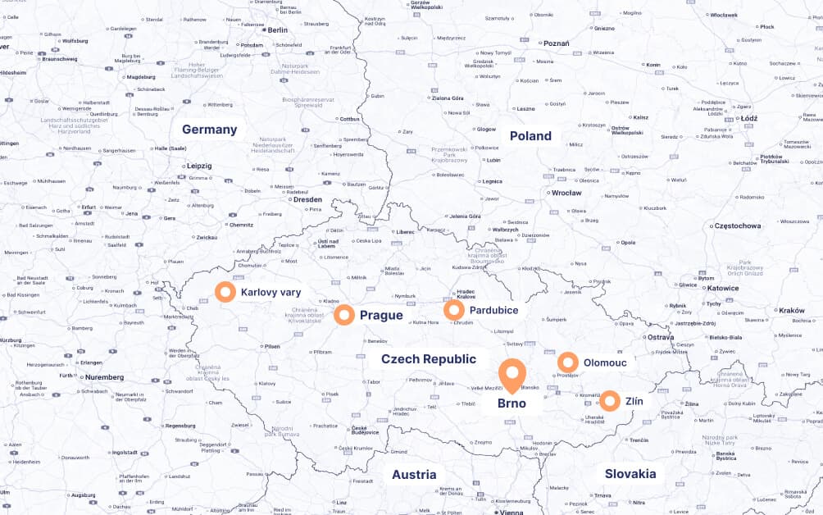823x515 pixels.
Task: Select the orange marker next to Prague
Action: tap(344, 315)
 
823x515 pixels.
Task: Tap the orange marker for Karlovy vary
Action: tap(225, 291)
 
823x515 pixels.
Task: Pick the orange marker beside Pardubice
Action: tap(454, 310)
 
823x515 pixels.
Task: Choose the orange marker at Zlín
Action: tap(609, 401)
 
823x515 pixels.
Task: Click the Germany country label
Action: tap(209, 130)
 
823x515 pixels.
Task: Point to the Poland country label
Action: tap(530, 136)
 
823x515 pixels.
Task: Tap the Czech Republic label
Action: tap(428, 359)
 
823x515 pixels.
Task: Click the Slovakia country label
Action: tap(630, 474)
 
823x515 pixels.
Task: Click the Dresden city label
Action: tap(307, 199)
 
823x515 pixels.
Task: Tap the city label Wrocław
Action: tap(566, 194)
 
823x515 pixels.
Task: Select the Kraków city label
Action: tap(792, 311)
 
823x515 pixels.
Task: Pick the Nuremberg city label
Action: tap(103, 377)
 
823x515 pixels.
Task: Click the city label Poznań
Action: tap(556, 43)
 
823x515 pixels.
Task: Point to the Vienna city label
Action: tap(511, 512)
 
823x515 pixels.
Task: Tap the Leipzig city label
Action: tap(198, 166)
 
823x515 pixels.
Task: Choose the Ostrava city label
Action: tap(660, 337)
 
